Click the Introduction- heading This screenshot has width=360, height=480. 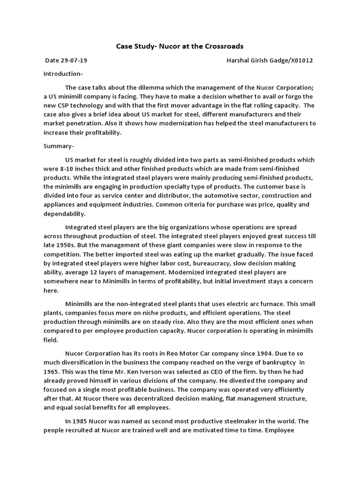coord(63,74)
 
